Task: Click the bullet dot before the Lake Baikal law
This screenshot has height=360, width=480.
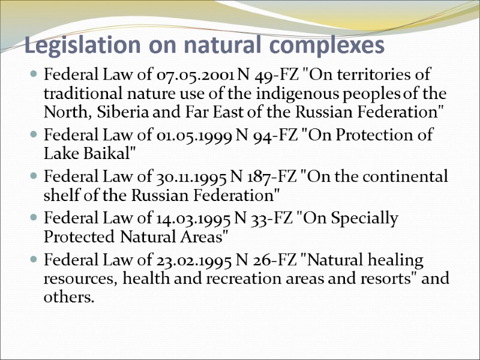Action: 34,134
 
